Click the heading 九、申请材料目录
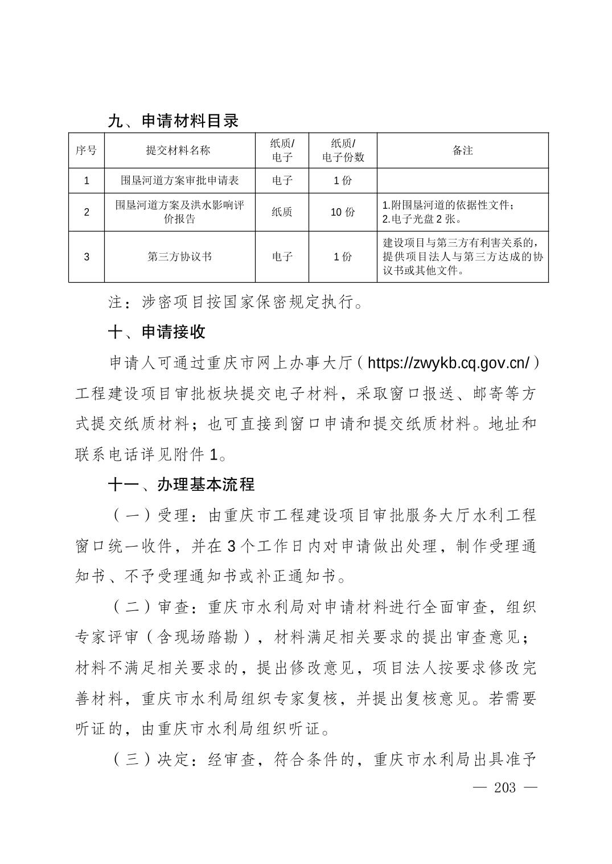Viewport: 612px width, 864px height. click(173, 121)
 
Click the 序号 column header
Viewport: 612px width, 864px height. click(87, 151)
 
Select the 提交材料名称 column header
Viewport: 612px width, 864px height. click(178, 151)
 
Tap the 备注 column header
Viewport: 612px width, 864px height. click(462, 151)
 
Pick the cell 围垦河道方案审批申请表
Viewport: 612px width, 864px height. click(179, 180)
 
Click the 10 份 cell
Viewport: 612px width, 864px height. click(343, 212)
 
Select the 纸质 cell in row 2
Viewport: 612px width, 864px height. click(282, 212)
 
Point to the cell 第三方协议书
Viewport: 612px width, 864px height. click(179, 257)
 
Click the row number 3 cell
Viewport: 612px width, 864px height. click(87, 257)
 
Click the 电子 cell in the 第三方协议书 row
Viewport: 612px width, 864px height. click(282, 257)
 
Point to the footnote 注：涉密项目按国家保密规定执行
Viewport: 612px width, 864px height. click(236, 302)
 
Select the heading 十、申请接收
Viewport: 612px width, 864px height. click(157, 332)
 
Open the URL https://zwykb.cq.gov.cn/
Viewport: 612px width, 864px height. click(449, 363)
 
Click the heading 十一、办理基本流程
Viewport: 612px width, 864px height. click(182, 485)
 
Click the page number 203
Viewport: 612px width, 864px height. click(505, 787)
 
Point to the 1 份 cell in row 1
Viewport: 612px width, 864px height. click(343, 180)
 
